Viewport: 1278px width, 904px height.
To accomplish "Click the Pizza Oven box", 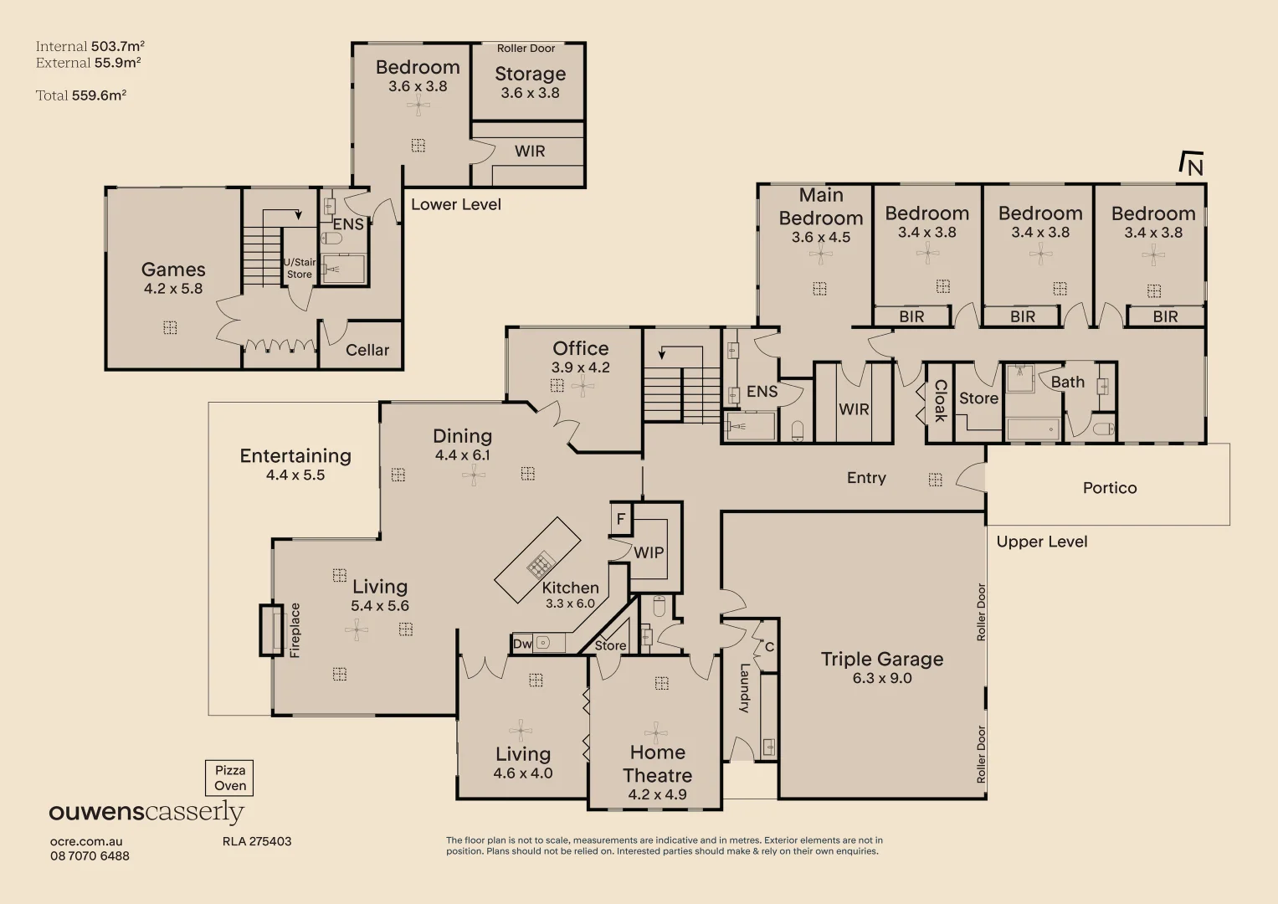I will (x=229, y=778).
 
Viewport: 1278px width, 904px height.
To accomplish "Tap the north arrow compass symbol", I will (x=1191, y=164).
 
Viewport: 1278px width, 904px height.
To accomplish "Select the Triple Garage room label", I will (x=881, y=659).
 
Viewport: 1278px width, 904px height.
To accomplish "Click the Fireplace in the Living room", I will (x=274, y=630).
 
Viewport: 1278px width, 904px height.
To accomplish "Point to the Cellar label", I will (x=367, y=350).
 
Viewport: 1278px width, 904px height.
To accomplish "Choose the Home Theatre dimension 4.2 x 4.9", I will (x=657, y=794).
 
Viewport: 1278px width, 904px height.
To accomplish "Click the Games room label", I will (x=173, y=270).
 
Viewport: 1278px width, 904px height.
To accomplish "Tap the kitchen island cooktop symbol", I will (x=540, y=565).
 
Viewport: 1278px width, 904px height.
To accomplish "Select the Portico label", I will (x=1109, y=488).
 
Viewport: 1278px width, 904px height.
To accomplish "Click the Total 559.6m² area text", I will (x=81, y=95).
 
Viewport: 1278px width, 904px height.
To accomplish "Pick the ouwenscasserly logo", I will (x=146, y=812).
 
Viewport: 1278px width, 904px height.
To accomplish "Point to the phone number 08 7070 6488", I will (x=90, y=855).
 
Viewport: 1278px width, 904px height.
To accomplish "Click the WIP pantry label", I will (x=649, y=552).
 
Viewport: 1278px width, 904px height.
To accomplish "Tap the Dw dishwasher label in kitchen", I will (x=522, y=644).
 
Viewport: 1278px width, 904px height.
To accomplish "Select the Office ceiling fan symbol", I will (x=583, y=385).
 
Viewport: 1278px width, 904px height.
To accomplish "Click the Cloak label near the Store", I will (x=940, y=400).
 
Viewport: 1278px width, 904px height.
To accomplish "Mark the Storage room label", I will (x=530, y=74).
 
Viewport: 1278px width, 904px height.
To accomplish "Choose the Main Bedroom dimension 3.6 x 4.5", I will (x=820, y=238).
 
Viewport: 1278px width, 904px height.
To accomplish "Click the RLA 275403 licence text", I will (x=257, y=841).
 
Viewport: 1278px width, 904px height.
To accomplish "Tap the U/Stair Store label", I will (x=300, y=268).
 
